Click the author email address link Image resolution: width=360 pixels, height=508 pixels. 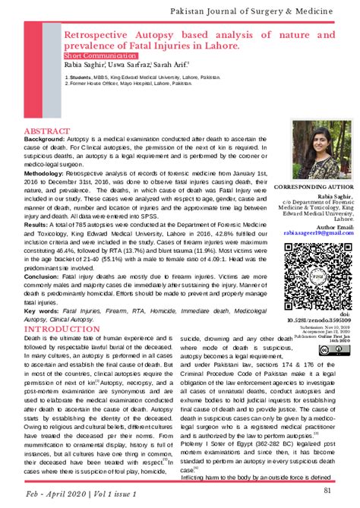[317, 234]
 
